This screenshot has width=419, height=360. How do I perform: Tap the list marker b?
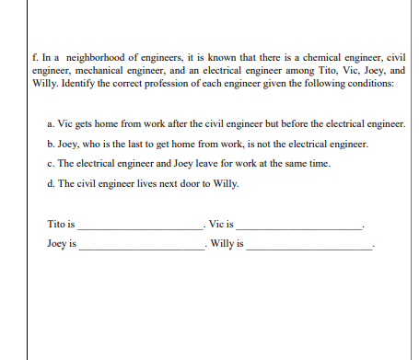point(48,145)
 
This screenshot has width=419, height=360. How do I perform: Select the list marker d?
point(48,183)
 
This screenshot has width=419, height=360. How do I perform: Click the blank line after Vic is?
point(300,226)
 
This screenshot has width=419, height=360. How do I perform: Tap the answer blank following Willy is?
point(308,247)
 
